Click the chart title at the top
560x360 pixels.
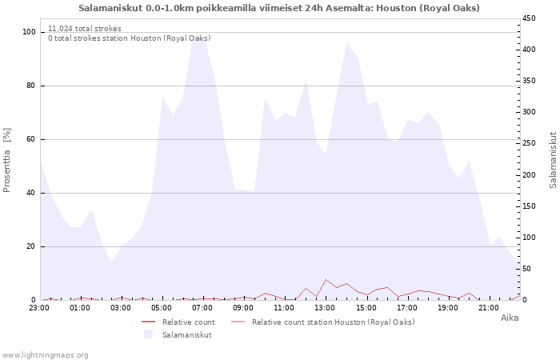coord(279,8)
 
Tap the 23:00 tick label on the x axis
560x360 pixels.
coord(39,307)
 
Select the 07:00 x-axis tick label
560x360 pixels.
coord(203,307)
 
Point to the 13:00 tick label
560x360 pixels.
coord(326,307)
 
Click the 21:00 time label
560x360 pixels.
coord(489,307)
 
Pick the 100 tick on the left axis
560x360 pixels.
coord(29,32)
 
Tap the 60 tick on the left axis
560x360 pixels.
coord(31,139)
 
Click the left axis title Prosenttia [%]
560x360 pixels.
coord(7,160)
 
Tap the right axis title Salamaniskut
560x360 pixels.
coord(553,160)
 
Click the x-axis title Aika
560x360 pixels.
coord(509,318)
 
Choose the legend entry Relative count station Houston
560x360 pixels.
coord(333,322)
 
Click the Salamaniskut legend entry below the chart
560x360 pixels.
coord(186,334)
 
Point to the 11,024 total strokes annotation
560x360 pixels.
coord(85,29)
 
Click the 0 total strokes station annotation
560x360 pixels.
coord(129,38)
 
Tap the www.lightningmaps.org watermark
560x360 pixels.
coord(45,354)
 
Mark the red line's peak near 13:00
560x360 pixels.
coord(326,280)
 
